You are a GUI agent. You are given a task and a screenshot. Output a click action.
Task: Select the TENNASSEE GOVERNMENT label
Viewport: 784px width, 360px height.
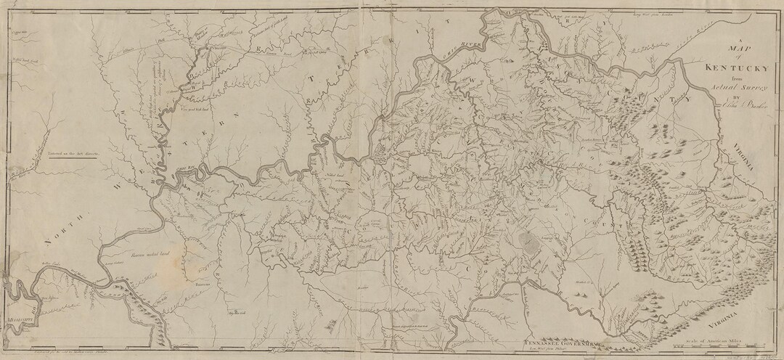pyautogui.click(x=558, y=339)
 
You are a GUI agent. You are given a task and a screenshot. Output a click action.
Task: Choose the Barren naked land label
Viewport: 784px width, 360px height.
pyautogui.click(x=148, y=255)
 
